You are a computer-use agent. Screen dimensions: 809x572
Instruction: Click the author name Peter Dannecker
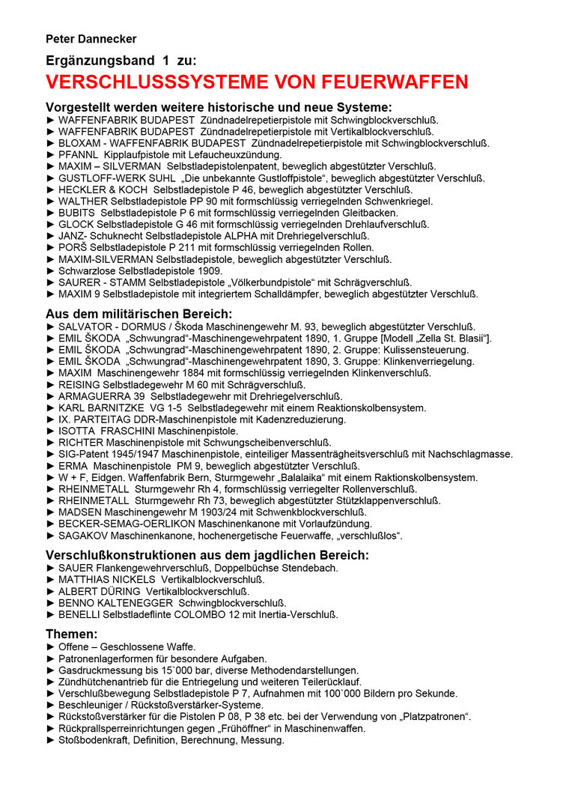pos(91,39)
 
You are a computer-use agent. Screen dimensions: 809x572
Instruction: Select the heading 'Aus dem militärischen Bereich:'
pos(139,314)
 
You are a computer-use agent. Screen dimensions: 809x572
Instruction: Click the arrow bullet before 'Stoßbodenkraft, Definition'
pos(51,740)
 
